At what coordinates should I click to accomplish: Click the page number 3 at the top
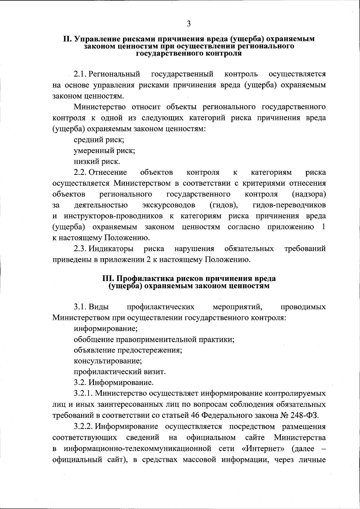tap(188, 24)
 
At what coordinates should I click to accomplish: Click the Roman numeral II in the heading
tap(67, 39)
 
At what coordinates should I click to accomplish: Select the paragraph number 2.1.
tap(80, 74)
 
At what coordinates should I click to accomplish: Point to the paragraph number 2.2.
tap(80, 172)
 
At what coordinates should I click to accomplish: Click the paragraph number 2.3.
tap(80, 249)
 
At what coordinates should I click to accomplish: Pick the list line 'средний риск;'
tap(99, 140)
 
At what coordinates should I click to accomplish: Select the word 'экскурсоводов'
tap(169, 205)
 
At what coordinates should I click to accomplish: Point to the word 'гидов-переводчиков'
tap(289, 205)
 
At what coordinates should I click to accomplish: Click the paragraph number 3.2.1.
tap(84, 394)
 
